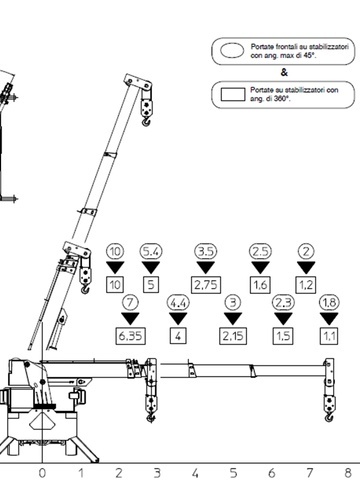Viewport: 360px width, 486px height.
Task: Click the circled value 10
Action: click(x=115, y=251)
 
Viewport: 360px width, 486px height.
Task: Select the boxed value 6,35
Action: click(x=130, y=336)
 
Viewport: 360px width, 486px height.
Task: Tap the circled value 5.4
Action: click(x=151, y=251)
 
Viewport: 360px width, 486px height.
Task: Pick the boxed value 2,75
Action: click(x=206, y=285)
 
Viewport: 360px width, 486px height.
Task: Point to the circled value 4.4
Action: click(x=178, y=303)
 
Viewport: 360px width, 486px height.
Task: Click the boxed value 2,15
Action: click(x=233, y=336)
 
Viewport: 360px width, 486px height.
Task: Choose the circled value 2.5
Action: click(x=260, y=251)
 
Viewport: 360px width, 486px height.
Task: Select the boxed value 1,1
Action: click(x=329, y=336)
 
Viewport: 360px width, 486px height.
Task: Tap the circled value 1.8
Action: click(x=329, y=303)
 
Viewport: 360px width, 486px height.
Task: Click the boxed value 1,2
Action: click(x=306, y=285)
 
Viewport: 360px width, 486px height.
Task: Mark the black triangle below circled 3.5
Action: click(x=206, y=267)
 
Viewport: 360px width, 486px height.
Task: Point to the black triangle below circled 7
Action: click(x=130, y=318)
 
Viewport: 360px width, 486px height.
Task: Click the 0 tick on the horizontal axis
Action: click(x=42, y=473)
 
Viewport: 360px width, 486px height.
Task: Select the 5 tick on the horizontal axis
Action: click(x=233, y=473)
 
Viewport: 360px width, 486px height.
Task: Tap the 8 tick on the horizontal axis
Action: click(x=348, y=473)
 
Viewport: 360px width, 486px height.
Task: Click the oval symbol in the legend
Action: click(x=232, y=51)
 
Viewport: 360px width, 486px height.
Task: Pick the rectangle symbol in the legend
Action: click(x=233, y=94)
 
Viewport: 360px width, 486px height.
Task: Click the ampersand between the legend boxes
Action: click(x=284, y=72)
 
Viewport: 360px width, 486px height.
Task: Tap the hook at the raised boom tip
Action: click(x=146, y=122)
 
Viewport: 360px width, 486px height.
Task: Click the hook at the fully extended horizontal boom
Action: click(x=329, y=417)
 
